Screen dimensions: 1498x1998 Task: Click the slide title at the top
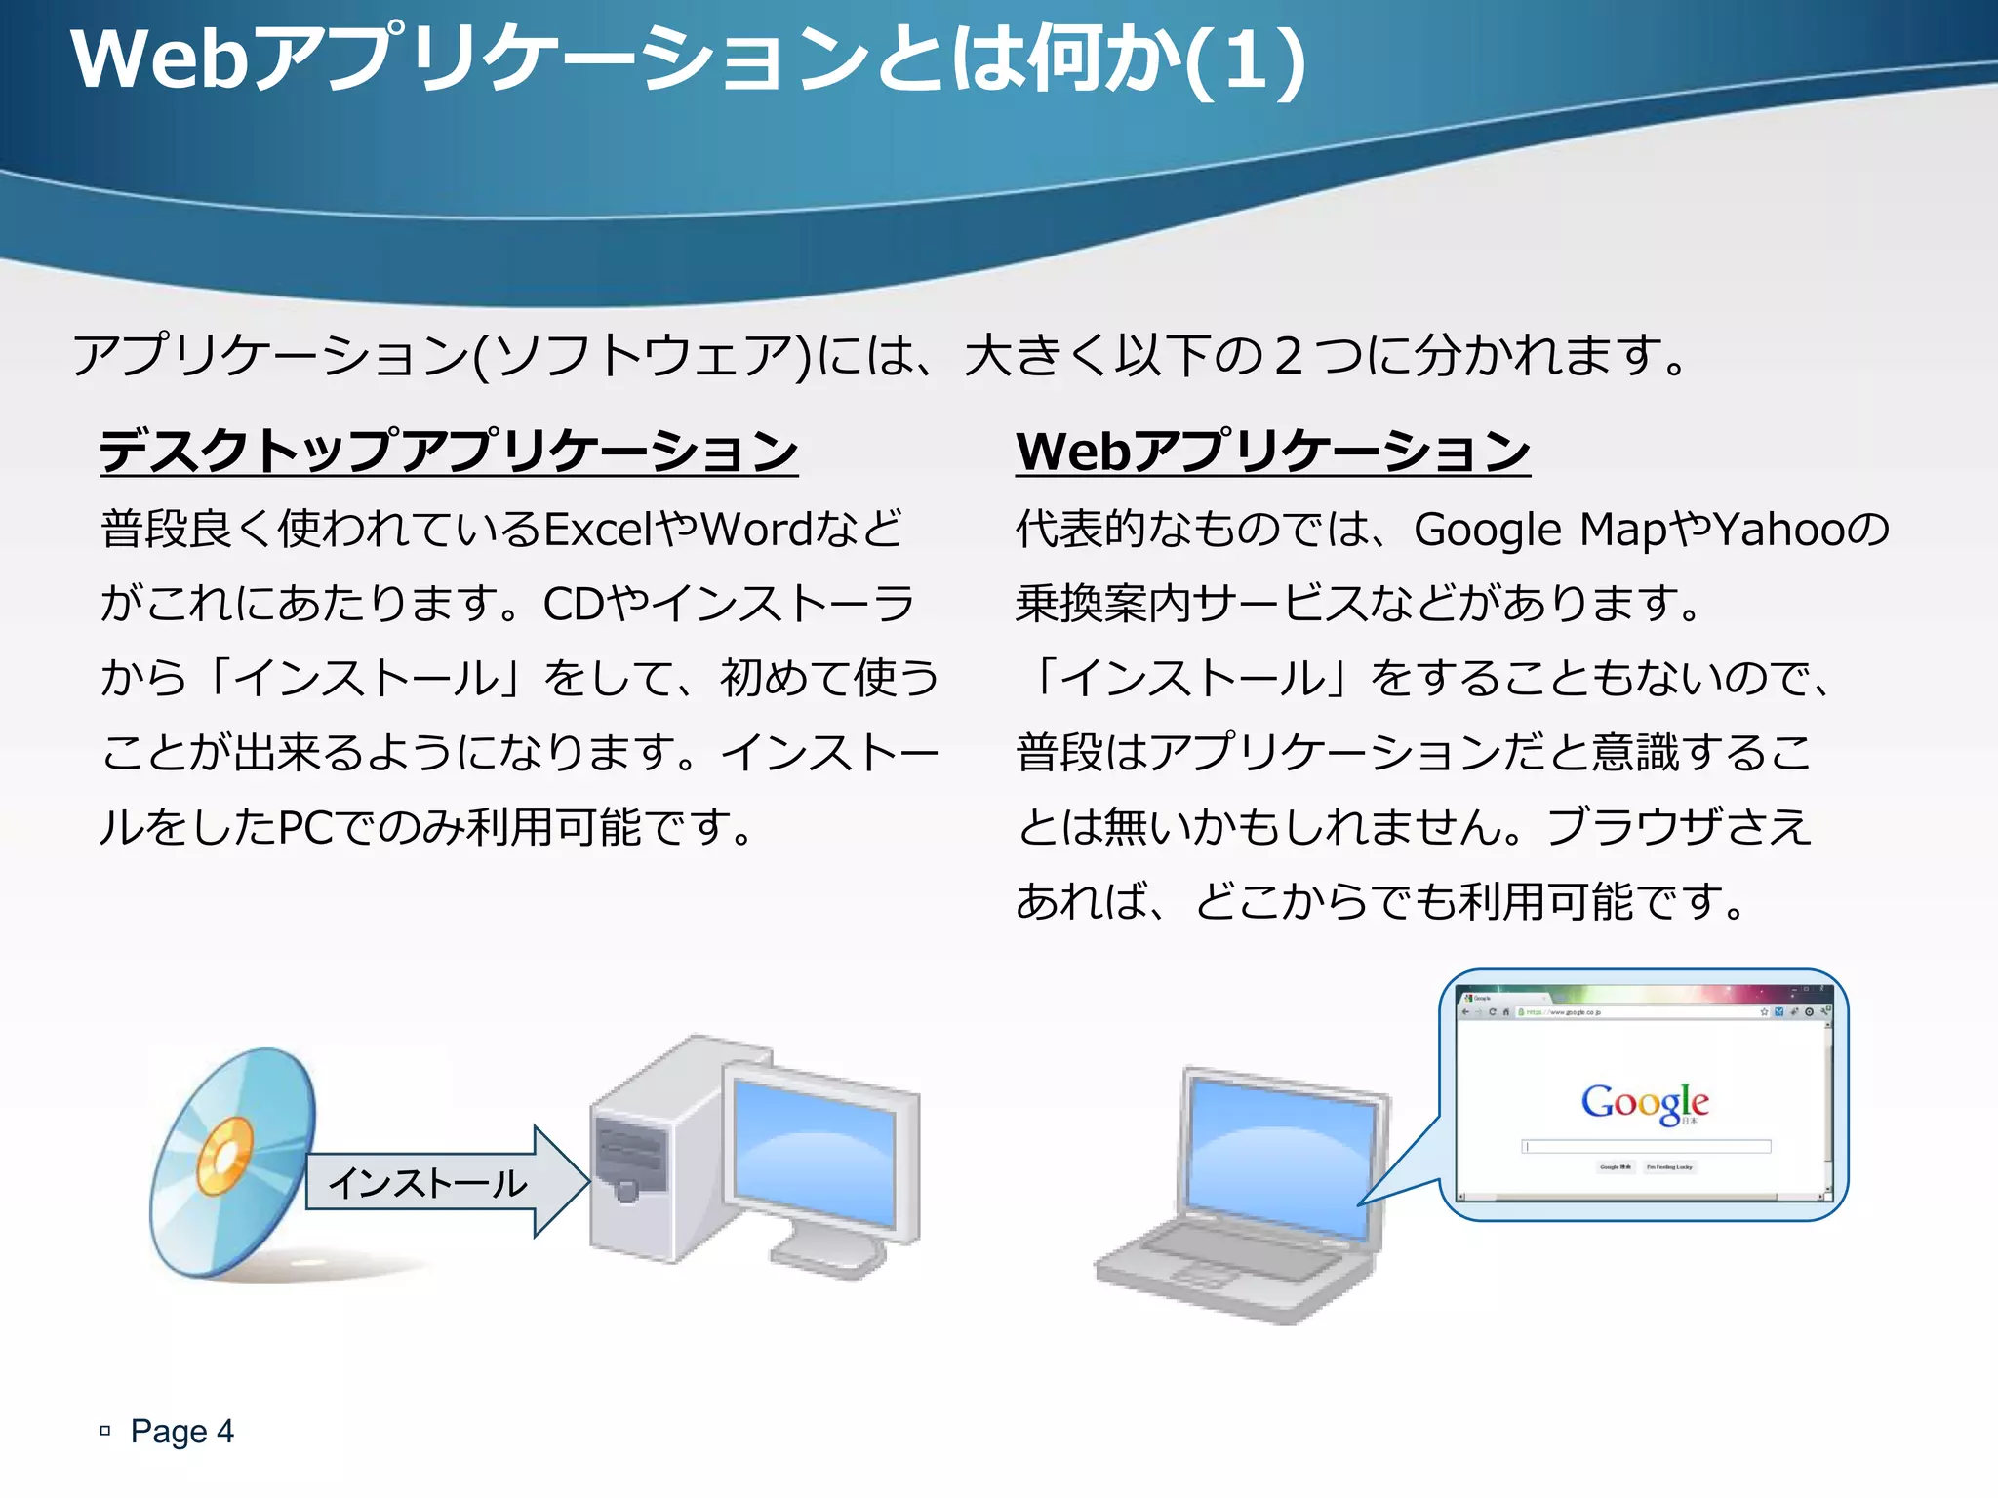[x=687, y=60]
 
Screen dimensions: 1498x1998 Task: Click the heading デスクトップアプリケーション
[x=449, y=452]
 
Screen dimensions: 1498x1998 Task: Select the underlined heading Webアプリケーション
[x=1272, y=452]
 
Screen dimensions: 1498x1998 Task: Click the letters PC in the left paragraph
[x=306, y=827]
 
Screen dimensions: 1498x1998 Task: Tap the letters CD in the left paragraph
[x=574, y=604]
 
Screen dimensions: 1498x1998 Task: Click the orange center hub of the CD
[x=225, y=1157]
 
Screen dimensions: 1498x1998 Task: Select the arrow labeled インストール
[x=444, y=1182]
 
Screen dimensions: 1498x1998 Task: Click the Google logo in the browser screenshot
[x=1645, y=1103]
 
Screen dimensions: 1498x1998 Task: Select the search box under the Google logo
[x=1646, y=1147]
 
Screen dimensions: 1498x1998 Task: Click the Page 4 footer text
[x=182, y=1431]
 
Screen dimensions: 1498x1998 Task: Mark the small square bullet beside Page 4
[x=105, y=1431]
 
